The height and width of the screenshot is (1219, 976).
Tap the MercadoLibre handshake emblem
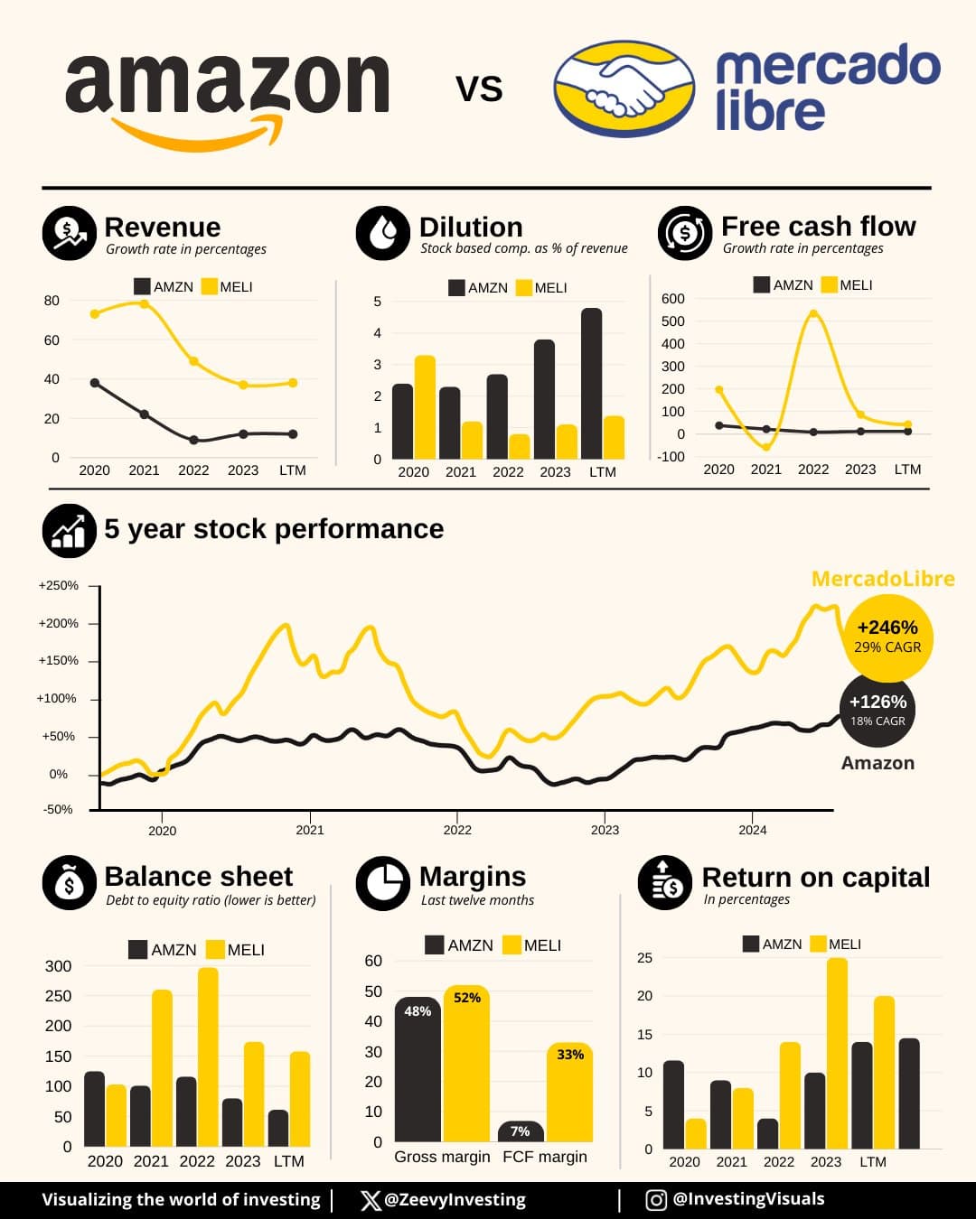coord(624,88)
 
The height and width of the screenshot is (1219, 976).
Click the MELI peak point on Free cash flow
coord(813,314)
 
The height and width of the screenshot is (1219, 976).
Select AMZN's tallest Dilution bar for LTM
coord(592,384)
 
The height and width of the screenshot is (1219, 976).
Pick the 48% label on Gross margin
coord(418,1011)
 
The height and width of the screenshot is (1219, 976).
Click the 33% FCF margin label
coord(570,1054)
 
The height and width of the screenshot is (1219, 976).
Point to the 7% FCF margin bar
coord(521,1131)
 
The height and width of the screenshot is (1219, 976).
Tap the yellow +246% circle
coord(887,637)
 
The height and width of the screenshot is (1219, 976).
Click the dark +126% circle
coord(877,710)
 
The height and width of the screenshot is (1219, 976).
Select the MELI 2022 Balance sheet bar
coord(208,1056)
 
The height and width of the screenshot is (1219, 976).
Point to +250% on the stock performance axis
coord(59,585)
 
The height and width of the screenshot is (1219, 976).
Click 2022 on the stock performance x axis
coord(457,830)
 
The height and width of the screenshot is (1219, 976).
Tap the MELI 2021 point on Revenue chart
coord(144,304)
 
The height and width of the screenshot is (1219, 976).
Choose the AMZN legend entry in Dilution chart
coord(478,288)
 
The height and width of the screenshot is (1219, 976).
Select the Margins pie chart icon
coord(383,883)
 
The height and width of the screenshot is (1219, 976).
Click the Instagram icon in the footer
coord(656,1200)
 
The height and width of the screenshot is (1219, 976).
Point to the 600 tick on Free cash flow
coord(673,299)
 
